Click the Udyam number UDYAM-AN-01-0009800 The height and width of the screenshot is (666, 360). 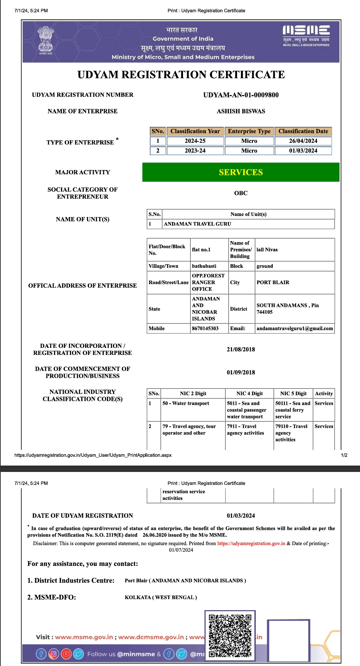241,95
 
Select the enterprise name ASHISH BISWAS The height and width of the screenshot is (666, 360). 241,111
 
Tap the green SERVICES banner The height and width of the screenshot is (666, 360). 241,172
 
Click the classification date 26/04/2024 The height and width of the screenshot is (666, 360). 303,141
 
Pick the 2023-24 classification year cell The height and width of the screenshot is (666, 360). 195,151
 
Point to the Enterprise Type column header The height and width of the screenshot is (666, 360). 249,131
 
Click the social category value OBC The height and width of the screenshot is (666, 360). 241,193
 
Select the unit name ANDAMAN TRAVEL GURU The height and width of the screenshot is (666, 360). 197,224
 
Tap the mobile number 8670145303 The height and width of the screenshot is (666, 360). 205,328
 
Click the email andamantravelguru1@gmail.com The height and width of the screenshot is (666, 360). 295,328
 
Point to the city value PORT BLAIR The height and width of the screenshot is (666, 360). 273,282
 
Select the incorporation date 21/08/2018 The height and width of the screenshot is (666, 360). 241,349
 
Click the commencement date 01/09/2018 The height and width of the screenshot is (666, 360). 241,372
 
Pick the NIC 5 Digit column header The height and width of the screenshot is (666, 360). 293,393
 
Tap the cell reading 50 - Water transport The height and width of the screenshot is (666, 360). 186,403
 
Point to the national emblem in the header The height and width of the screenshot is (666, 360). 46,40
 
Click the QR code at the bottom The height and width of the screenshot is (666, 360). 230,635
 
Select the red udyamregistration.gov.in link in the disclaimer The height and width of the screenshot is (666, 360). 251,543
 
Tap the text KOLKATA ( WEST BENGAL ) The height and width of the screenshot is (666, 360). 161,597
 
